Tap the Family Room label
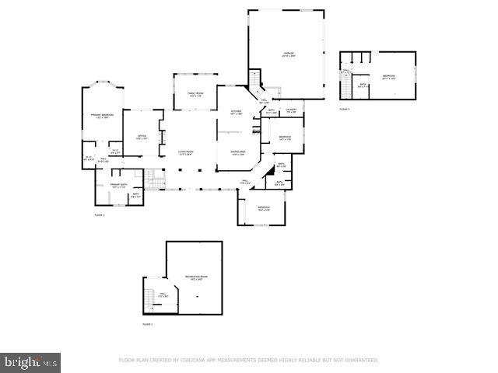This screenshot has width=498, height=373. [195, 95]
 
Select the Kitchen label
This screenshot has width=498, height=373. [237, 113]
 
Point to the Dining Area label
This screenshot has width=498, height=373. [238, 153]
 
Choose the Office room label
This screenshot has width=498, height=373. [142, 137]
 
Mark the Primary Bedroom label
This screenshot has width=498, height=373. [102, 116]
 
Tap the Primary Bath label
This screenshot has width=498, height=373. [117, 186]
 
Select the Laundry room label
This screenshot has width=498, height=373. [291, 111]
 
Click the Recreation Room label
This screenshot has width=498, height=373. [195, 277]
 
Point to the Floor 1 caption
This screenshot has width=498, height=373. [147, 323]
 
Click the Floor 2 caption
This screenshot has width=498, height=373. [100, 214]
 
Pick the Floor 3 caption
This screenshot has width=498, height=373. [344, 110]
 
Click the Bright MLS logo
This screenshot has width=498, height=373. [31, 361]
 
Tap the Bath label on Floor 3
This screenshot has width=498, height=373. [362, 86]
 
